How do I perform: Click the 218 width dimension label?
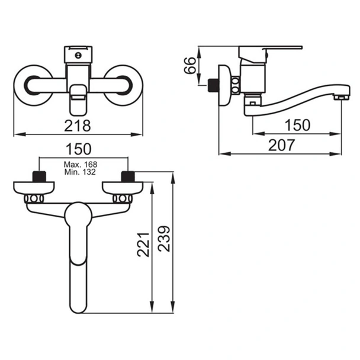pyautogui.click(x=78, y=126)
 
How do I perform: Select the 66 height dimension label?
pyautogui.click(x=190, y=66)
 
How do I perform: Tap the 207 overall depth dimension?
pyautogui.click(x=281, y=145)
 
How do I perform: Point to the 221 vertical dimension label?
pyautogui.click(x=143, y=245)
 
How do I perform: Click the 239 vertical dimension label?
pyautogui.click(x=164, y=239)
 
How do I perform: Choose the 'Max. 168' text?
pyautogui.click(x=81, y=165)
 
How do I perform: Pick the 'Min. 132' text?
pyautogui.click(x=80, y=172)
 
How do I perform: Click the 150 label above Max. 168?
pyautogui.click(x=79, y=149)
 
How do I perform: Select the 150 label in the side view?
pyautogui.click(x=297, y=126)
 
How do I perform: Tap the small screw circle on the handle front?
pyautogui.click(x=78, y=55)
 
